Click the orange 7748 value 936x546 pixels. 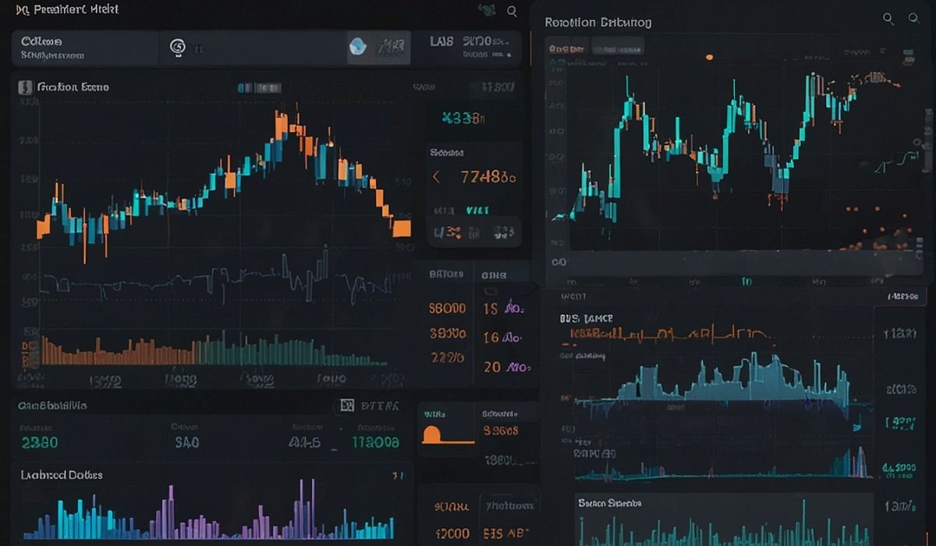pos(488,177)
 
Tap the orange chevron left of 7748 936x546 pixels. pos(436,177)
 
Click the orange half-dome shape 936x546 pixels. pos(432,434)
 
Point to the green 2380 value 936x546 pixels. pos(40,442)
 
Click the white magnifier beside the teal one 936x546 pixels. pos(888,19)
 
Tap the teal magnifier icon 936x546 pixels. pos(913,19)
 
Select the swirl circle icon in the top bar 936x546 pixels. pos(177,48)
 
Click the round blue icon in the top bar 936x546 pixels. pos(357,47)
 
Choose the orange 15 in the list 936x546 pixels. pos(490,309)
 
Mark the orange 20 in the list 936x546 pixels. pos(491,367)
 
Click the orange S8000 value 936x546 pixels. pos(447,309)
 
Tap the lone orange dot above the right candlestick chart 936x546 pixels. pos(709,57)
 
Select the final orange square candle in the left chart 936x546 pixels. pos(402,228)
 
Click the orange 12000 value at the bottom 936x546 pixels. pos(452,534)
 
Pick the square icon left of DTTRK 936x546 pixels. pos(347,406)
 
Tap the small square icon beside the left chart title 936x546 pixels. pos(23,87)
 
